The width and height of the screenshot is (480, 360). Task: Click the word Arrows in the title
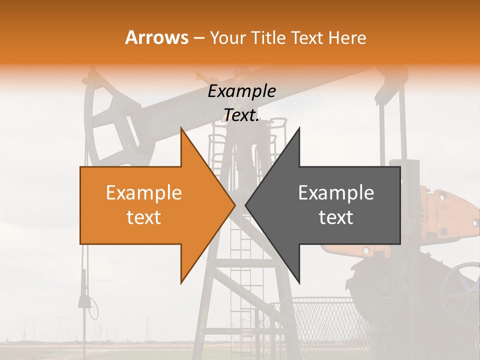coord(156,37)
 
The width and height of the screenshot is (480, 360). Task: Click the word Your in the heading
coord(227,38)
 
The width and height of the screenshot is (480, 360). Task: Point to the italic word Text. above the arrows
coord(241,115)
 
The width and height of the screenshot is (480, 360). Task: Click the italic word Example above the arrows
coord(241,91)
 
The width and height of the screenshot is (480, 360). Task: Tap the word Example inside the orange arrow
coord(144,193)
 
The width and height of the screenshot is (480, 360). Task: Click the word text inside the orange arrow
coord(144,217)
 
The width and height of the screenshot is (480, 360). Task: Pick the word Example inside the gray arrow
coord(336,193)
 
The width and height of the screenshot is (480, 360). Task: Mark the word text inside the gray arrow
coord(336,217)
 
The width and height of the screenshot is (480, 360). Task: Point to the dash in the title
coord(198,38)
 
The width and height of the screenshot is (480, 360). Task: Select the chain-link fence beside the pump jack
coord(325,320)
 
